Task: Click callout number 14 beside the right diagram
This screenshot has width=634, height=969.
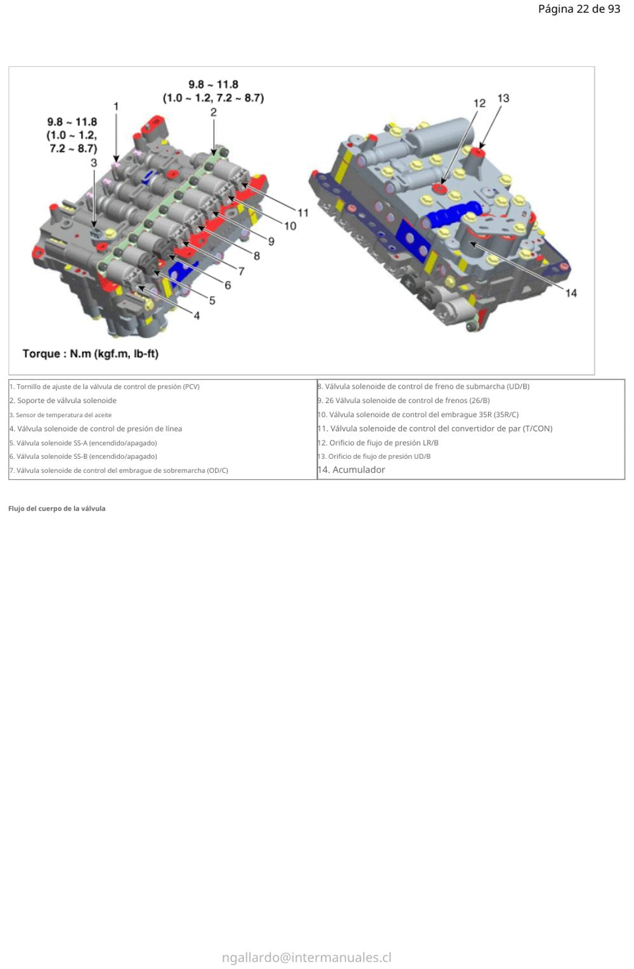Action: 571,293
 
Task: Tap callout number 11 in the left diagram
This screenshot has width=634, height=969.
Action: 303,213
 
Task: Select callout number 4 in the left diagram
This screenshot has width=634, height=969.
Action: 197,316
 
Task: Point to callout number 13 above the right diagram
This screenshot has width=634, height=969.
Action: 503,99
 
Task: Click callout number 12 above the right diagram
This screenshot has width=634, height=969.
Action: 479,103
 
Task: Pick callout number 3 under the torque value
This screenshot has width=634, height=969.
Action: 94,163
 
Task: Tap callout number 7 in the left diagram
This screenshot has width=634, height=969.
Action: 242,271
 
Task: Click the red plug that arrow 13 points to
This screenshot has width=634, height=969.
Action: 478,153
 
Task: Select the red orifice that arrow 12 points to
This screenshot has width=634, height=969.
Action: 441,188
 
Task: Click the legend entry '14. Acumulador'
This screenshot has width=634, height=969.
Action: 351,470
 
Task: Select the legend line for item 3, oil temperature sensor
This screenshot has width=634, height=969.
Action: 61,415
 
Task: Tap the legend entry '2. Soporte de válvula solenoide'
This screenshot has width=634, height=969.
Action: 63,401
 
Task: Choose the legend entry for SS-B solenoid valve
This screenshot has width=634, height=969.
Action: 84,456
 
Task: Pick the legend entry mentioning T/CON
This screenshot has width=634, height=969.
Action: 435,428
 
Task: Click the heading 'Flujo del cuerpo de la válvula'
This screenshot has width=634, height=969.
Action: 56,509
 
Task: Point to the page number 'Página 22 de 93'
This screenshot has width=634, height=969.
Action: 579,9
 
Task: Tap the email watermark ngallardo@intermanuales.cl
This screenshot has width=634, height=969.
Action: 306,958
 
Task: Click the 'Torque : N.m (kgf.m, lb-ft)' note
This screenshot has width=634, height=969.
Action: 91,354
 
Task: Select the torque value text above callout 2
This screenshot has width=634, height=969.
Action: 214,91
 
